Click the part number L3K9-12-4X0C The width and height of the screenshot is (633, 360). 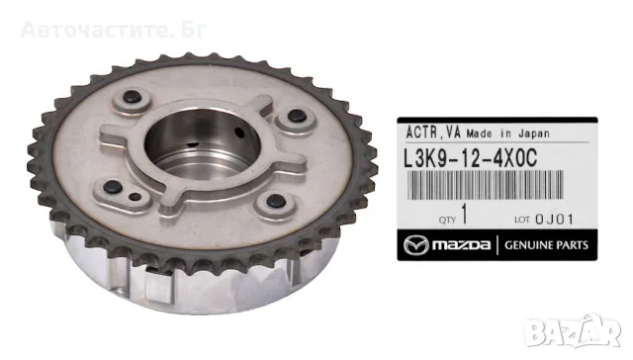click(x=471, y=158)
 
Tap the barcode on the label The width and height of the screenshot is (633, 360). click(x=485, y=185)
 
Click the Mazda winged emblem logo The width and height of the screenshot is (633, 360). click(x=416, y=245)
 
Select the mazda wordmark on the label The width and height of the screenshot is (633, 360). click(x=461, y=245)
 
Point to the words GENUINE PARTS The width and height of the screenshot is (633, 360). click(x=546, y=245)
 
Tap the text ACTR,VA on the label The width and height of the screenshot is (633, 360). click(x=433, y=133)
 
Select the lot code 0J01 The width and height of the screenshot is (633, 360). click(x=554, y=220)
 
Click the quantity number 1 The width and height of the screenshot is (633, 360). click(x=464, y=214)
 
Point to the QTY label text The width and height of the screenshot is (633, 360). click(x=447, y=220)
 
